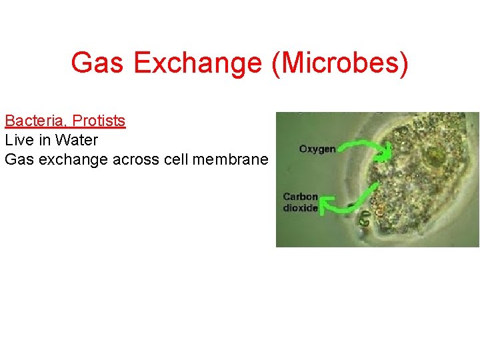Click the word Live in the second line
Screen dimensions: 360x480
coord(17,140)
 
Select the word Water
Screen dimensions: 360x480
coord(77,140)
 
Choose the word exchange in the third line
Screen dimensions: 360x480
coord(68,159)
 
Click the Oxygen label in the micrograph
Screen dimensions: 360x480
coord(317,149)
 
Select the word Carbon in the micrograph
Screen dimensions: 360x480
coord(301,197)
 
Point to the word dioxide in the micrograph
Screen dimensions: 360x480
coord(300,207)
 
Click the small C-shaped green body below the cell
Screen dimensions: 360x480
coord(365,217)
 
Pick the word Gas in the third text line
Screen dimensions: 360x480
coord(17,159)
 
